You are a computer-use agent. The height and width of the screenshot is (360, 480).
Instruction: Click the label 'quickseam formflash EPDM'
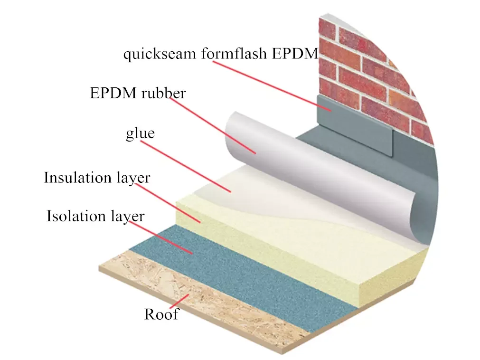(220, 54)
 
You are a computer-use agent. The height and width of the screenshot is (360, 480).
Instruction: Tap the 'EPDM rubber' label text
(138, 93)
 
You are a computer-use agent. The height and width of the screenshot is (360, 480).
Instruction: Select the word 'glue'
(140, 133)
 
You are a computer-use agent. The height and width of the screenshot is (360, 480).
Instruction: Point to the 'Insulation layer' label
(97, 178)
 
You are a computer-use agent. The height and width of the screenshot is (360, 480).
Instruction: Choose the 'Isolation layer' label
(95, 217)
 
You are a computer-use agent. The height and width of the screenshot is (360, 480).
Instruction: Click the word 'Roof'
(161, 314)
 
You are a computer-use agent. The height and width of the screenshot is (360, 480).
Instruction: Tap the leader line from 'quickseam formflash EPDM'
(266, 85)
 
